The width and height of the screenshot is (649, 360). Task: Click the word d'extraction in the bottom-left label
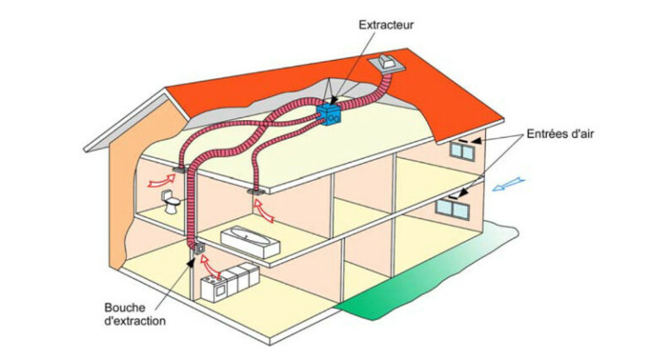136,321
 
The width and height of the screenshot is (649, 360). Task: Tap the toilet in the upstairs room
172,202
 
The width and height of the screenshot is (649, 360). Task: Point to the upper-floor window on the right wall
461,150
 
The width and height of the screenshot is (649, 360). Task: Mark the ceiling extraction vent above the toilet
179,171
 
